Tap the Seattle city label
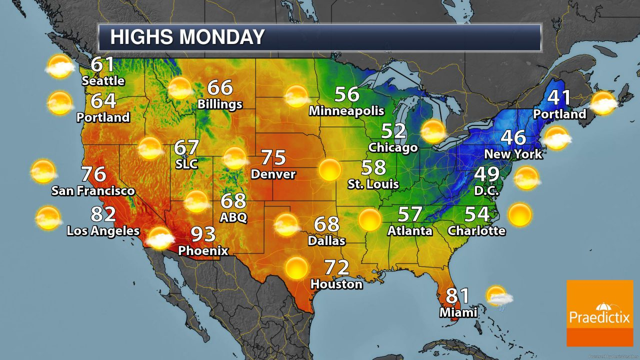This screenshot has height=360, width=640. (x=103, y=80)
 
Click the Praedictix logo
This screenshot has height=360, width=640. (x=599, y=313)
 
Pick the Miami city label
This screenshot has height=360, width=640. (x=458, y=312)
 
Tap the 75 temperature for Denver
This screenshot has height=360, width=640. (x=273, y=158)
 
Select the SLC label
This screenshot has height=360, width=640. (x=186, y=163)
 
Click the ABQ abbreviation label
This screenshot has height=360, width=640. (x=233, y=217)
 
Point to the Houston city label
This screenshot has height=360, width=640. (x=336, y=284)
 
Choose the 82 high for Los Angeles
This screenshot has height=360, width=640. (x=103, y=214)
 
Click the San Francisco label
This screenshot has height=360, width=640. (x=93, y=190)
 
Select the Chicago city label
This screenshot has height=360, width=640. (x=393, y=147)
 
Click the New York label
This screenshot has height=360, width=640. (x=513, y=153)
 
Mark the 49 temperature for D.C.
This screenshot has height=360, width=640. (x=486, y=174)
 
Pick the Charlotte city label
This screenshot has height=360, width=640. (x=476, y=230)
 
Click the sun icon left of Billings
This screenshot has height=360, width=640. (x=179, y=88)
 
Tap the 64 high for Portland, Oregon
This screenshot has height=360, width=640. (x=103, y=101)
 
